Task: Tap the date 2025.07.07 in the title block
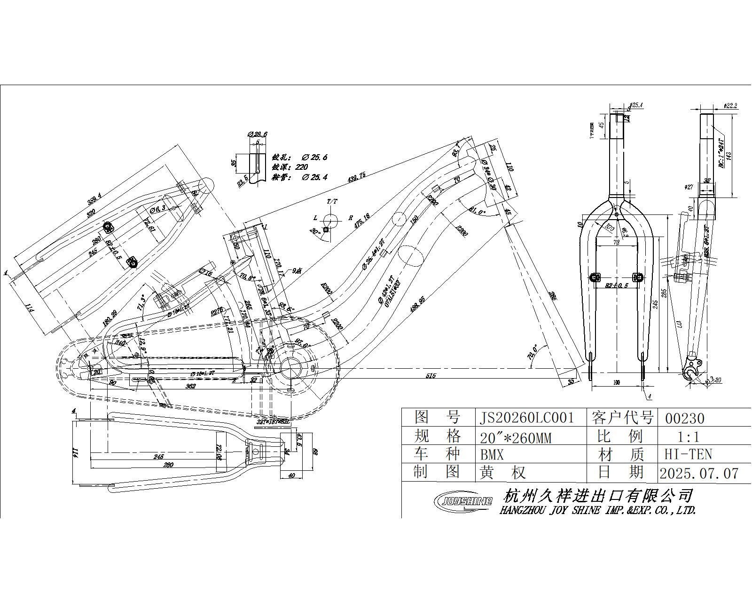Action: point(699,473)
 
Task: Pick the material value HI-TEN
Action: point(688,454)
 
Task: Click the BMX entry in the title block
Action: point(492,455)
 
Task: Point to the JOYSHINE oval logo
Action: point(463,500)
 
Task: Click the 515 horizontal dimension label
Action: point(431,375)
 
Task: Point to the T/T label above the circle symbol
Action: point(332,201)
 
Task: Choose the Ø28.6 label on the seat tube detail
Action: point(258,134)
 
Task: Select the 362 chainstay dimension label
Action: point(190,386)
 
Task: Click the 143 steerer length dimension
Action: point(729,156)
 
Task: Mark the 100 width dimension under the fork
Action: point(617,382)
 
